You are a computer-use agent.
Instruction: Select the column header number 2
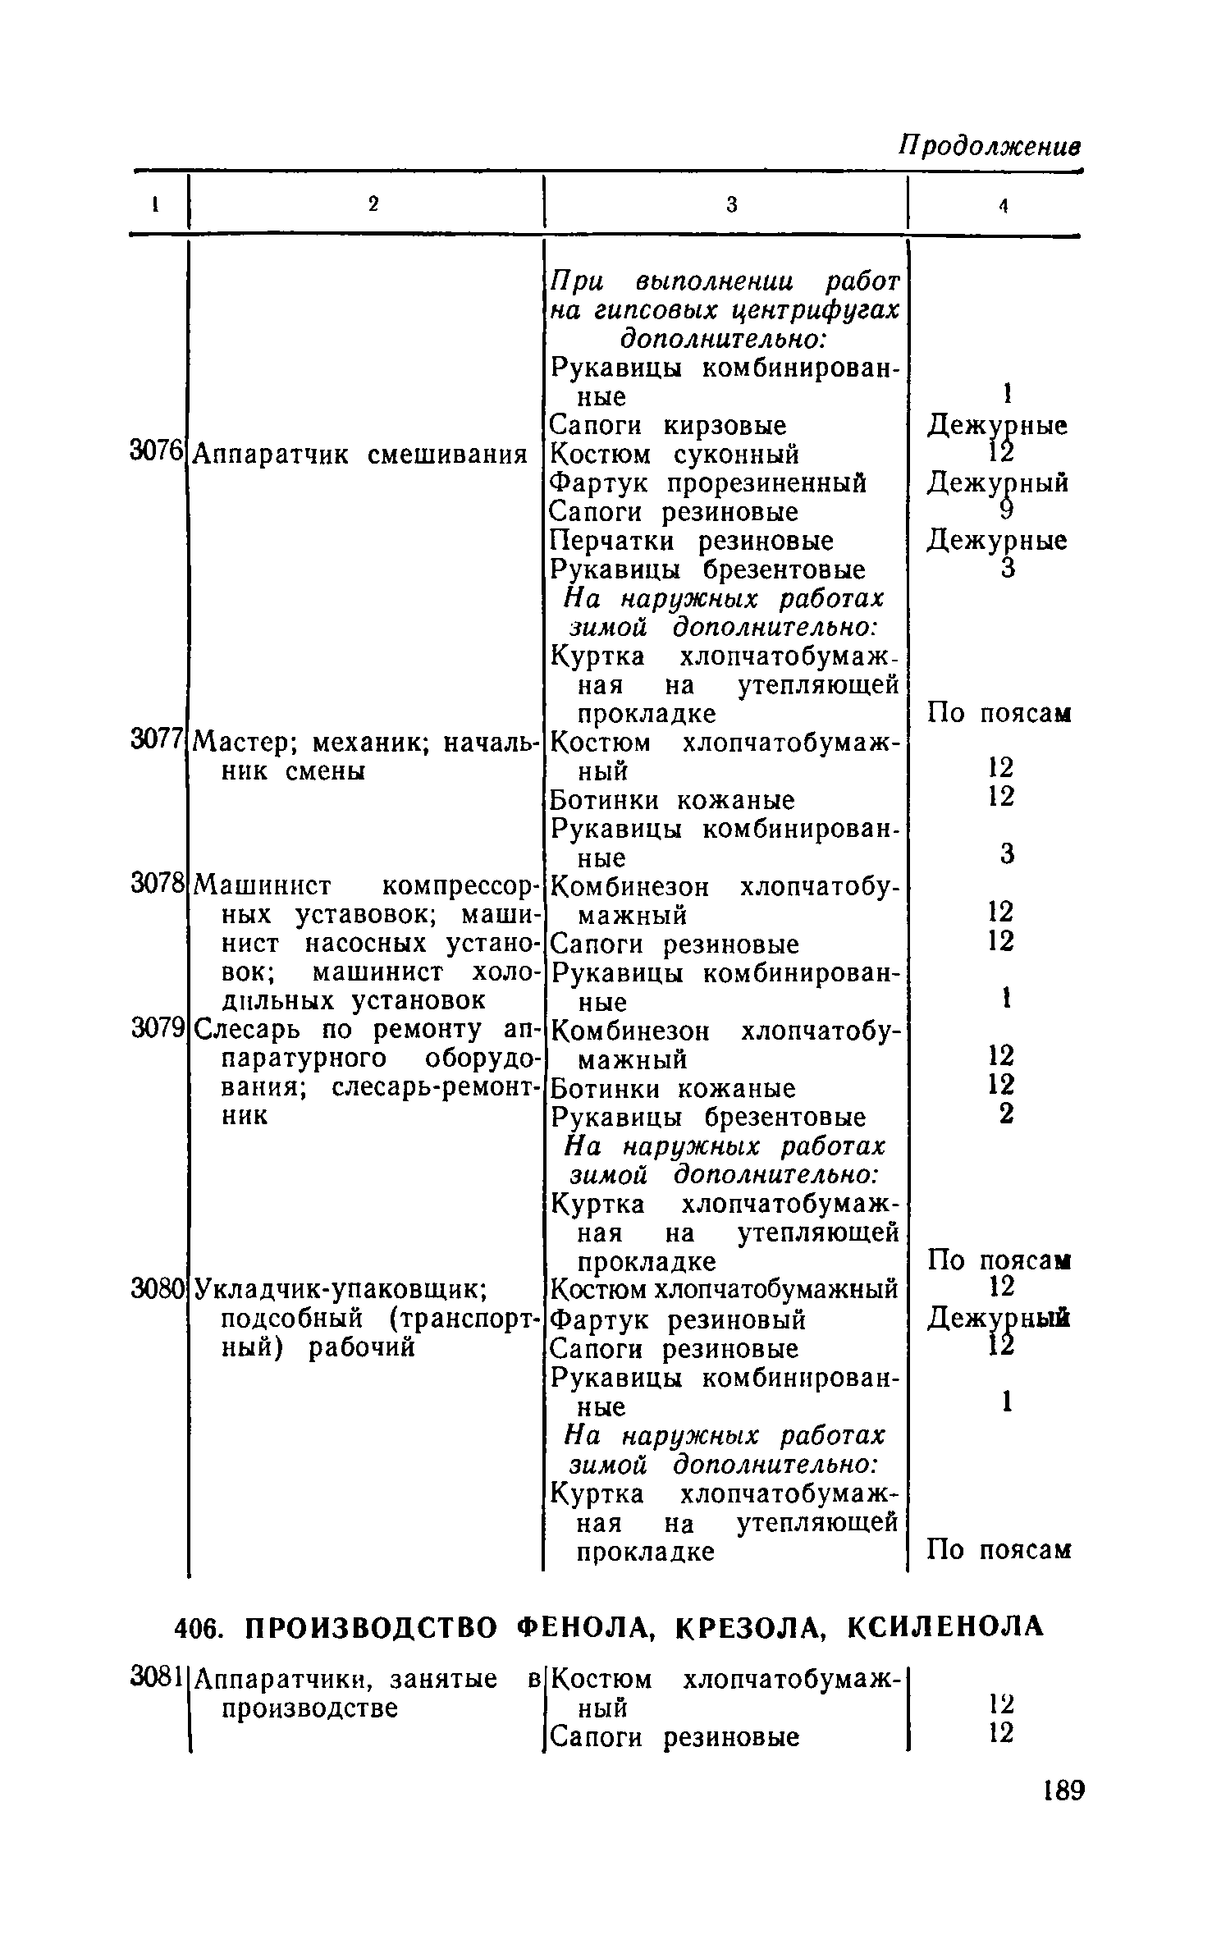[x=373, y=204]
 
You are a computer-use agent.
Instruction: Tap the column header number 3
[x=732, y=205]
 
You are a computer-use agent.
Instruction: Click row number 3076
[x=155, y=450]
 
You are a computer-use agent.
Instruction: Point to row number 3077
[x=155, y=740]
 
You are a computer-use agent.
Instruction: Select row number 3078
[x=155, y=884]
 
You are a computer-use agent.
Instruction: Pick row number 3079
[x=155, y=1028]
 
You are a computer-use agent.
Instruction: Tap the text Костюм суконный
[x=674, y=455]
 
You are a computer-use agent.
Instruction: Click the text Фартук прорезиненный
[x=707, y=483]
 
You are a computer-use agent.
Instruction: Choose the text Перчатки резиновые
[x=691, y=542]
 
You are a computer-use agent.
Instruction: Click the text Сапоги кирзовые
[x=667, y=426]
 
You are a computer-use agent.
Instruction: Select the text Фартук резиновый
[x=677, y=1319]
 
